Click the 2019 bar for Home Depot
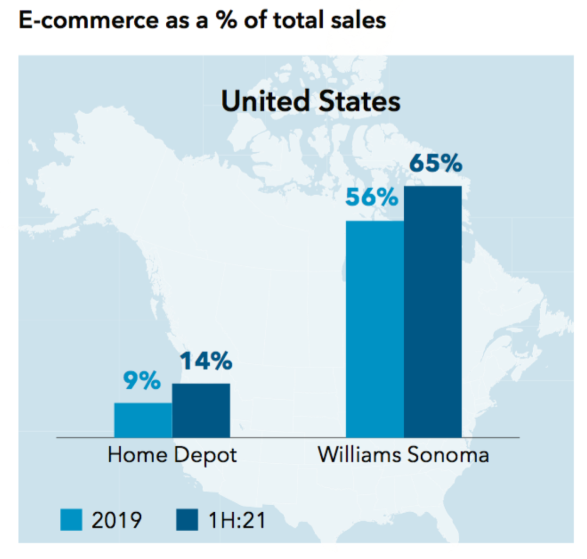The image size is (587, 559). point(143,420)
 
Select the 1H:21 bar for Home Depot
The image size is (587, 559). point(201,410)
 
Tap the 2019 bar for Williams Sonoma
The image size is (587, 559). point(375,329)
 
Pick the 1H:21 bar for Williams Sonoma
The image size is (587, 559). point(433,312)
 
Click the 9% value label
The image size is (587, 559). point(141,381)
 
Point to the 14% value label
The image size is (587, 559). point(206,362)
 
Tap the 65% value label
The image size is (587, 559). point(435,164)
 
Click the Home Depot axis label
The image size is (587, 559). point(172,455)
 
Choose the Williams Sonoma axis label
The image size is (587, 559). point(403,455)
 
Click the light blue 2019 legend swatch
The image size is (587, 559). point(71,519)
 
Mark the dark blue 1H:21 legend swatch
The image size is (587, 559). point(187,519)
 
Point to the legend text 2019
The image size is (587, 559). point(116,520)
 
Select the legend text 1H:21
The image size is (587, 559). point(237,520)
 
